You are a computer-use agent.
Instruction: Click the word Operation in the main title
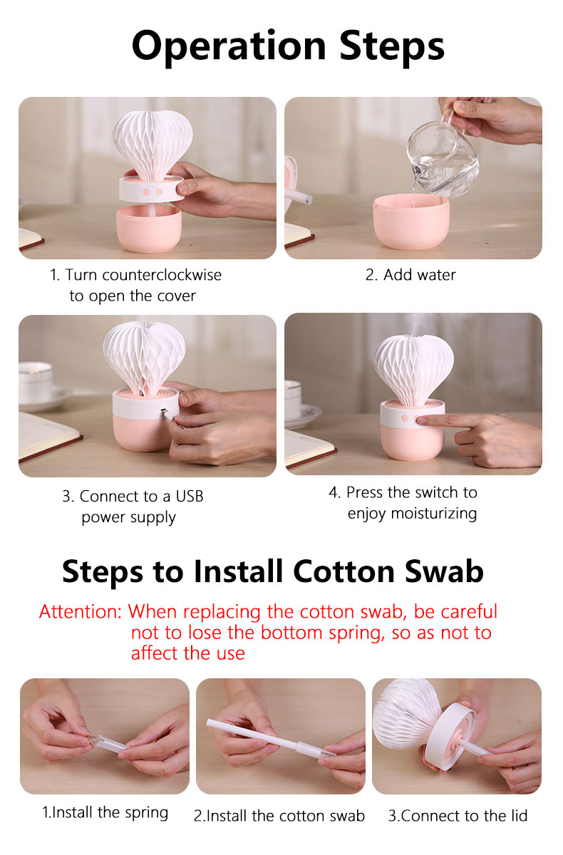click(229, 47)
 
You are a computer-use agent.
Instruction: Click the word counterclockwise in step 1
click(162, 275)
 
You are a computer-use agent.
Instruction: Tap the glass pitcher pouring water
click(443, 157)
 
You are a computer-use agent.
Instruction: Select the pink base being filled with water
click(411, 222)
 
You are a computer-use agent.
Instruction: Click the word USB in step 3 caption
click(190, 496)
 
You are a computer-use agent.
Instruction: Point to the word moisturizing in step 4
click(434, 514)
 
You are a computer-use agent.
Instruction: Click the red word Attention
click(80, 611)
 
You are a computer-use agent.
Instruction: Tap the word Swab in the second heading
click(444, 571)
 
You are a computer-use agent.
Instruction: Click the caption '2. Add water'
click(410, 275)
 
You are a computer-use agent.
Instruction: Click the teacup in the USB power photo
click(36, 383)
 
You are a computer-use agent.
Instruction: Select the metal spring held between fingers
click(93, 740)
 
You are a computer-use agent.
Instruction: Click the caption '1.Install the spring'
click(105, 813)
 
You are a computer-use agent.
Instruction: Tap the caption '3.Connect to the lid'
click(458, 816)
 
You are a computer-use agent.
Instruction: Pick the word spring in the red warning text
click(357, 633)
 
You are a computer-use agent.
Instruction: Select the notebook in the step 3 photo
click(49, 437)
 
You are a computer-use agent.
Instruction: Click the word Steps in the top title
click(392, 47)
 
